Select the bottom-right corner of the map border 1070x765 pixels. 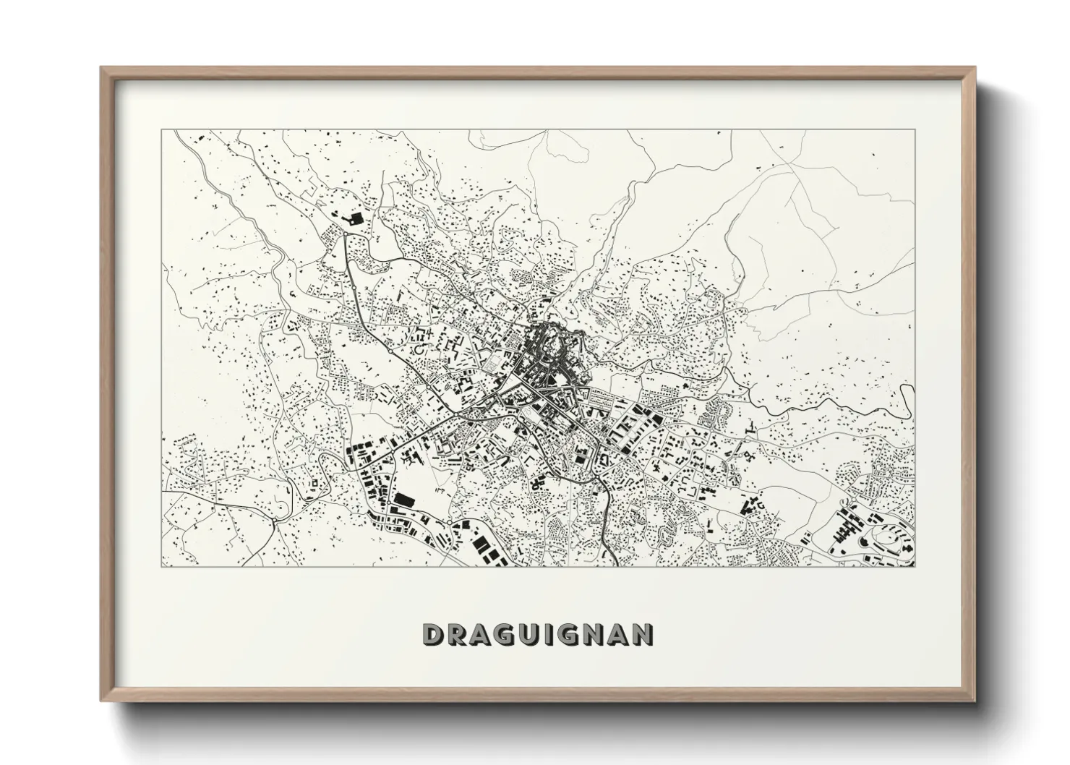(x=915, y=566)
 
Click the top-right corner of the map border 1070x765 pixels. (x=915, y=130)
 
